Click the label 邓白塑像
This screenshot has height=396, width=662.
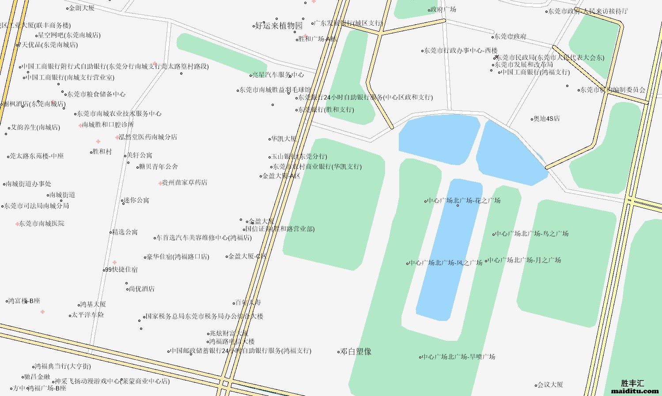click(x=356, y=351)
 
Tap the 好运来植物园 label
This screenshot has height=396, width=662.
click(x=279, y=26)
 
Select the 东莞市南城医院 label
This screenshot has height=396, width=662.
click(x=42, y=223)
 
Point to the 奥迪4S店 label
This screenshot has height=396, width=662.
click(x=547, y=118)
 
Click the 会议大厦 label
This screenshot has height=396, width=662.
click(x=550, y=385)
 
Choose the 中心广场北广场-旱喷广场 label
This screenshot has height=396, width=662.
click(x=458, y=357)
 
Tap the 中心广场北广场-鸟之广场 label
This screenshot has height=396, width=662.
click(x=532, y=234)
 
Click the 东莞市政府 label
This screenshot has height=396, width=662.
click(x=510, y=37)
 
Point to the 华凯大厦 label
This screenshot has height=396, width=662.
click(x=284, y=139)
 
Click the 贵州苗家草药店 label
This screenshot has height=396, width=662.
click(x=185, y=182)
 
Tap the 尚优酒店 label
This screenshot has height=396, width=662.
click(x=142, y=289)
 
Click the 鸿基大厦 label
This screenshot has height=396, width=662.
click(x=93, y=304)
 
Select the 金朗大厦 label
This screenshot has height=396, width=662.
click(x=82, y=8)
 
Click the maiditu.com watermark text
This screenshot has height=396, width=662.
click(x=635, y=391)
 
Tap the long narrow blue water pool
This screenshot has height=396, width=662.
click(x=449, y=249)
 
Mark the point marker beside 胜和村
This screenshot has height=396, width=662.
click(x=91, y=152)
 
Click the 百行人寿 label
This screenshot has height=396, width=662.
click(x=248, y=302)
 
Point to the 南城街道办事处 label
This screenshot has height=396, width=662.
click(x=29, y=184)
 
